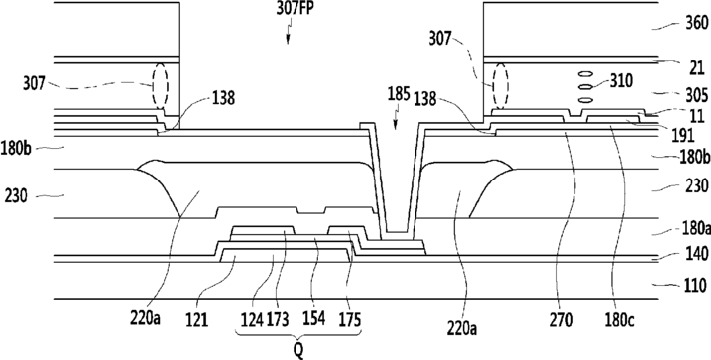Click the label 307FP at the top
295,9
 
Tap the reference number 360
697,23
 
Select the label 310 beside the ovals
621,81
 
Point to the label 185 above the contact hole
399,95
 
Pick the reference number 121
196,320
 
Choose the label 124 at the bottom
252,320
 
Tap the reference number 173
278,320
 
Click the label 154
313,318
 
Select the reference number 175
350,320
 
